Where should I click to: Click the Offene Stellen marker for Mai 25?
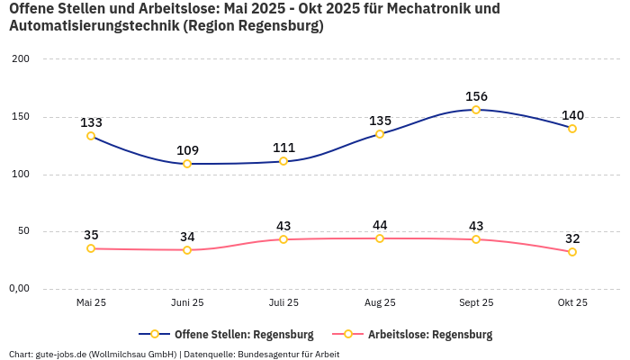[x=91, y=136]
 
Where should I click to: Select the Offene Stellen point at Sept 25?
[x=476, y=110]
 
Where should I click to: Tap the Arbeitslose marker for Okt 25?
[x=572, y=252]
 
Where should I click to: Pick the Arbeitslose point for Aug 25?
[x=380, y=238]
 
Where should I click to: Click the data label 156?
[x=476, y=96]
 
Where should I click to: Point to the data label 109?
[x=187, y=150]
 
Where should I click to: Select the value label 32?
[x=572, y=238]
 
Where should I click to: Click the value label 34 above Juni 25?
[x=187, y=237]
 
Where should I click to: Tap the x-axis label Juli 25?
[x=283, y=302]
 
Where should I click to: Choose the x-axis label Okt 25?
[x=572, y=302]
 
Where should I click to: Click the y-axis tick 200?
[x=20, y=59]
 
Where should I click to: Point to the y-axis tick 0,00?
[x=20, y=289]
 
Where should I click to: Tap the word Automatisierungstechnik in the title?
[x=93, y=26]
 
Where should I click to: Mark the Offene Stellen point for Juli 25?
[x=283, y=161]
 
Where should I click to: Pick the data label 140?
[x=572, y=115]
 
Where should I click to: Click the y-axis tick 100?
[x=20, y=175]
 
